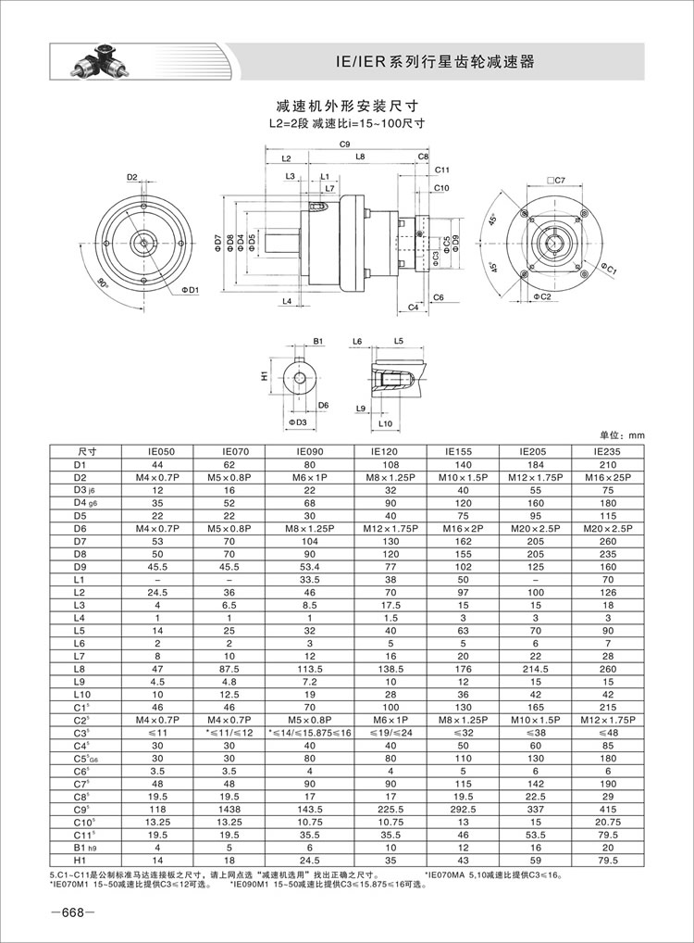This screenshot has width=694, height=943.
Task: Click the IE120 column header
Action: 390,451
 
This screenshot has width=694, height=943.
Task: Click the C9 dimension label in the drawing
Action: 344,144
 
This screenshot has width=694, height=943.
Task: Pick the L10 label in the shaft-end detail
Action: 388,423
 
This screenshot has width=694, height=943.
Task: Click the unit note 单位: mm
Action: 620,434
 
